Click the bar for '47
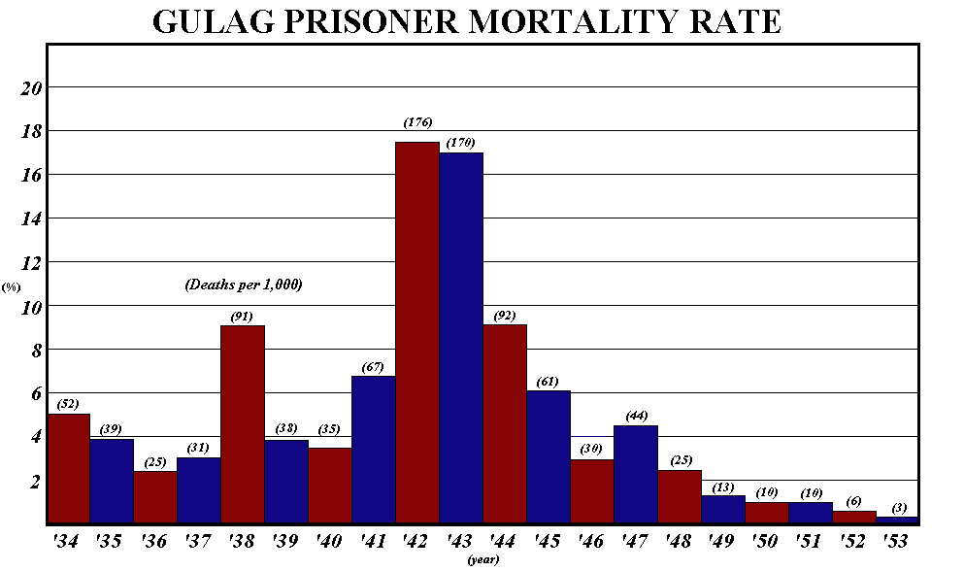(x=635, y=475)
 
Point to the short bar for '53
(x=898, y=521)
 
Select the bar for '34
(x=68, y=468)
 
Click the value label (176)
(x=417, y=122)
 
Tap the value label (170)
(x=460, y=143)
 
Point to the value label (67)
(x=373, y=366)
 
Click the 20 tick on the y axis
(x=33, y=88)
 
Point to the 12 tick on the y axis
(x=33, y=263)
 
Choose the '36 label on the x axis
(x=155, y=542)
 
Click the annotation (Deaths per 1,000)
(x=243, y=285)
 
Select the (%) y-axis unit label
(x=12, y=287)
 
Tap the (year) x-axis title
(x=482, y=559)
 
